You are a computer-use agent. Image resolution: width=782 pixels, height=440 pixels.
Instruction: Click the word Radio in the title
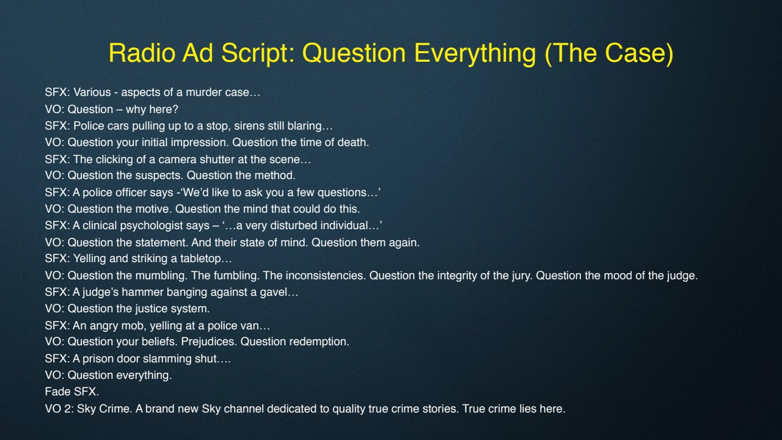(x=142, y=53)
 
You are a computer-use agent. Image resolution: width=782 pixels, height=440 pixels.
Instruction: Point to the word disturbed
(x=294, y=226)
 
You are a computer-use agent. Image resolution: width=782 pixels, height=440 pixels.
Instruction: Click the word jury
(x=522, y=276)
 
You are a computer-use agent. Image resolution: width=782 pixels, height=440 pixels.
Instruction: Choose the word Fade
(x=57, y=392)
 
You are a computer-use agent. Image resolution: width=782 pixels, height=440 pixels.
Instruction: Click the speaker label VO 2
(x=59, y=409)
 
